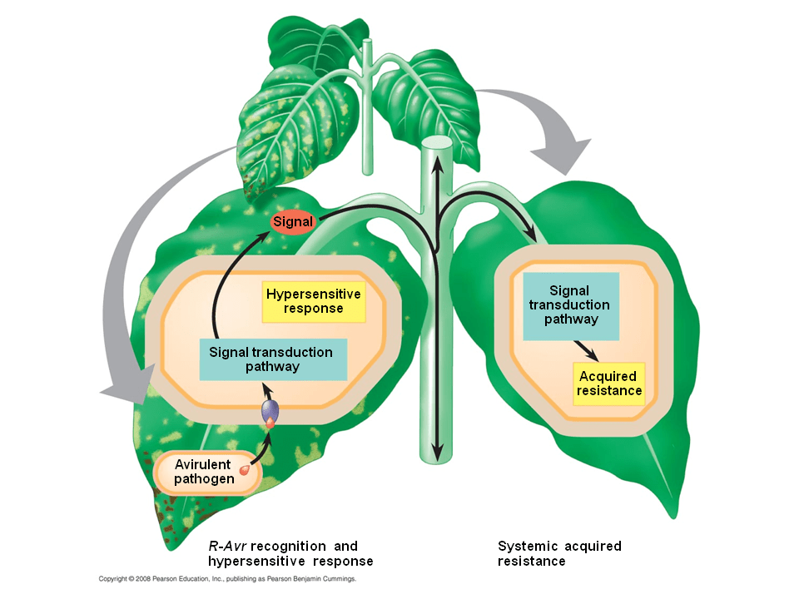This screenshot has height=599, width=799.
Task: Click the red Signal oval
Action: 293,223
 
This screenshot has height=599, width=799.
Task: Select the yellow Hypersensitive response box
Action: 313,301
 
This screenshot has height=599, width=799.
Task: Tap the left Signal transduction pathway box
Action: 272,359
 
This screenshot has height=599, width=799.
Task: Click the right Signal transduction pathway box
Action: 571,306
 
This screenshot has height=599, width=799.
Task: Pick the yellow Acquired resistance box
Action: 609,384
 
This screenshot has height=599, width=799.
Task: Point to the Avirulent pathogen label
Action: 203,472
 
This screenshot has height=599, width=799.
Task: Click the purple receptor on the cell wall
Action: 270,411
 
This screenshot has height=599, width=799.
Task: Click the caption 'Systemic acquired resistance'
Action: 559,553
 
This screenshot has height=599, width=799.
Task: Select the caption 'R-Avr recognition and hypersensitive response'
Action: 290,553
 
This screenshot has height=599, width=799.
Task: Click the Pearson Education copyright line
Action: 227,578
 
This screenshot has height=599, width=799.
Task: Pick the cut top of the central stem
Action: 436,143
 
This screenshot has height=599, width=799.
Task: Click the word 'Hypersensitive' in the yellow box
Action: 313,295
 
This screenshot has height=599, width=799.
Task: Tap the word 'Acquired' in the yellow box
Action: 608,377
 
